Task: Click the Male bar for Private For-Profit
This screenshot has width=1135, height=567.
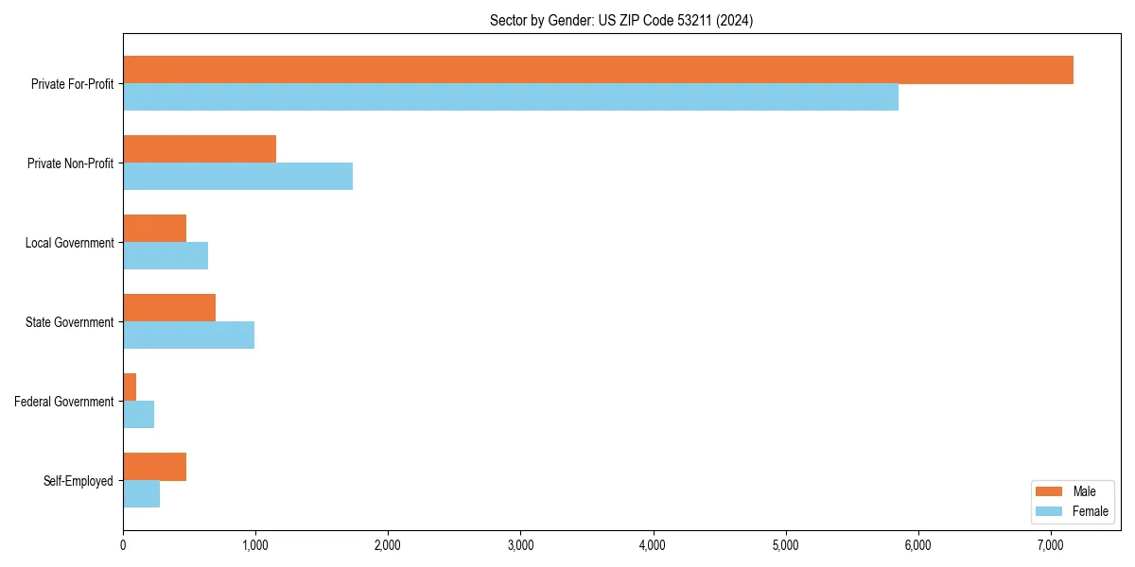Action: pyautogui.click(x=598, y=70)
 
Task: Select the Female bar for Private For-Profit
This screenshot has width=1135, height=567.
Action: pyautogui.click(x=511, y=97)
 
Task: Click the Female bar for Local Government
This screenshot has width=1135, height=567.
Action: pyautogui.click(x=166, y=256)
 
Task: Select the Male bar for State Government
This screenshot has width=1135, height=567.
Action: pyautogui.click(x=169, y=308)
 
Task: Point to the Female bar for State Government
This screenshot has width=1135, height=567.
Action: pyautogui.click(x=188, y=335)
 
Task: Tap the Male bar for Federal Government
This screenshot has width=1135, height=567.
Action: pyautogui.click(x=130, y=387)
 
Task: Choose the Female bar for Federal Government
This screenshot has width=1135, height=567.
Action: pyautogui.click(x=138, y=415)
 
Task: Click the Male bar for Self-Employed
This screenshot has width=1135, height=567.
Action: pyautogui.click(x=154, y=467)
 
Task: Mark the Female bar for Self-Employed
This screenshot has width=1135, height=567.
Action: pyautogui.click(x=141, y=494)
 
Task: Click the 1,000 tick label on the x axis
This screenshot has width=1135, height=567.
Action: pyautogui.click(x=255, y=545)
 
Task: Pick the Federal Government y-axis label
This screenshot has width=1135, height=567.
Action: pyautogui.click(x=64, y=402)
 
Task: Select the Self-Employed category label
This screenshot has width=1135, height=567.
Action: pyautogui.click(x=79, y=481)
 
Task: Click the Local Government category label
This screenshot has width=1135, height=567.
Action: pyautogui.click(x=70, y=243)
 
